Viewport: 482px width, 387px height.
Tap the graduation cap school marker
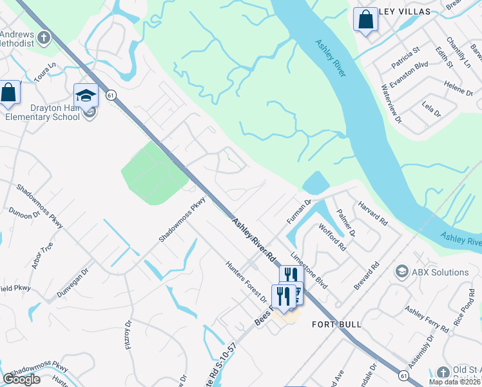coord(86,96)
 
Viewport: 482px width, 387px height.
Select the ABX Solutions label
coord(441,272)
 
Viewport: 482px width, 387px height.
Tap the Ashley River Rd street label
coord(254,240)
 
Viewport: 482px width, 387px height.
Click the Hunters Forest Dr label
coord(246,281)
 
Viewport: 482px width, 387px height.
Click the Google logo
coord(21,379)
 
